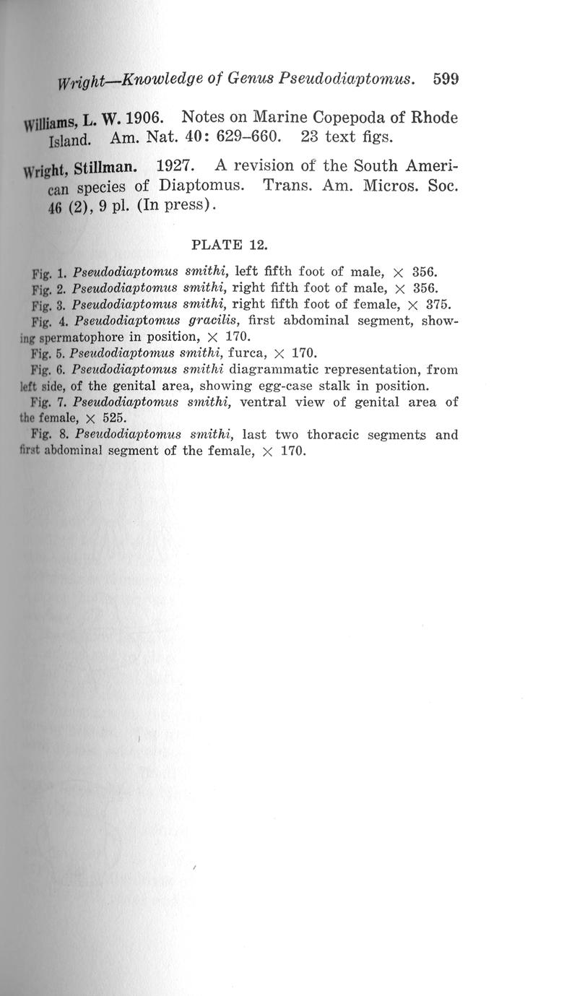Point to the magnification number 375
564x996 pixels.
435,304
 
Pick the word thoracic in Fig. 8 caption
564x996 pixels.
334,436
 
